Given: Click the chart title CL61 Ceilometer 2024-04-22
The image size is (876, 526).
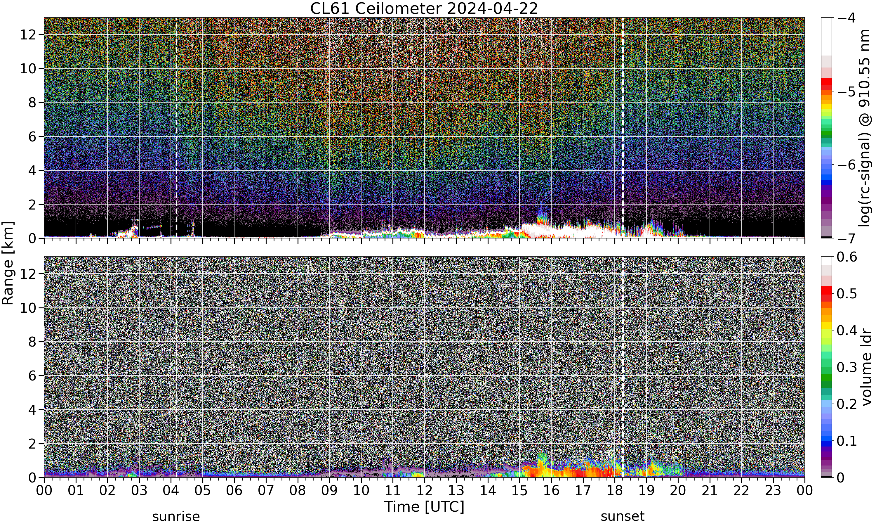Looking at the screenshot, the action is pyautogui.click(x=424, y=8).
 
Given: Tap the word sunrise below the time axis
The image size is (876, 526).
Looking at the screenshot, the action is pyautogui.click(x=176, y=517).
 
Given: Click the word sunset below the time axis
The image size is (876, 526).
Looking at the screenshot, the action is pyautogui.click(x=623, y=517).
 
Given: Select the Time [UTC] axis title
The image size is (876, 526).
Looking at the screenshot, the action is pyautogui.click(x=424, y=507).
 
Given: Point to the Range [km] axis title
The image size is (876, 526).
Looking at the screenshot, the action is pyautogui.click(x=8, y=263).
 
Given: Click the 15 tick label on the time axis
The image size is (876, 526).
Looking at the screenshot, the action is pyautogui.click(x=519, y=491).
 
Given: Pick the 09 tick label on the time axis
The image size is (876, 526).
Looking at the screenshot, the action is pyautogui.click(x=329, y=491).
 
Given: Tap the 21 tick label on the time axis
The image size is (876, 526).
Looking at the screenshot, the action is pyautogui.click(x=710, y=491).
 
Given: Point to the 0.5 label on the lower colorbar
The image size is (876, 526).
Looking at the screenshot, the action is pyautogui.click(x=847, y=294).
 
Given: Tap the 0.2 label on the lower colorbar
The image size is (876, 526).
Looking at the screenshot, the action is pyautogui.click(x=847, y=404).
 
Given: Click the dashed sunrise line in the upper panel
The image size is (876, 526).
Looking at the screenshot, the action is pyautogui.click(x=176, y=128).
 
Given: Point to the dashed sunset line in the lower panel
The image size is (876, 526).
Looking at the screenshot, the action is pyautogui.click(x=623, y=367).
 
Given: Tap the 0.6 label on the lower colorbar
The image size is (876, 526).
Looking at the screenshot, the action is pyautogui.click(x=847, y=257).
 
